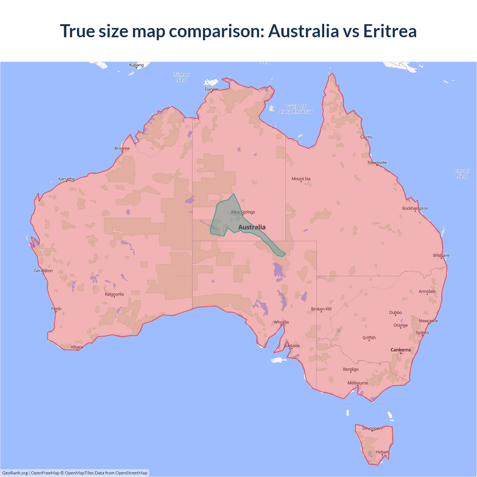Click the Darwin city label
click(x=211, y=89)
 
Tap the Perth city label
click(x=56, y=309)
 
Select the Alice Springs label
click(x=243, y=212)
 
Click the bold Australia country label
click(x=252, y=227)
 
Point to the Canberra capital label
click(x=401, y=350)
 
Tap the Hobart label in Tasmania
click(x=382, y=452)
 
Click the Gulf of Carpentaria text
click(x=296, y=109)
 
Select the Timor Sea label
click(x=182, y=77)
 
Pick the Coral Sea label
click(x=462, y=174)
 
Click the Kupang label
click(x=136, y=65)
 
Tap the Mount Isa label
click(x=301, y=179)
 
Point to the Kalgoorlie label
click(x=114, y=294)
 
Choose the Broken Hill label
click(x=321, y=309)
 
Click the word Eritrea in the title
click(x=390, y=31)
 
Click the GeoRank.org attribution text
click(x=15, y=473)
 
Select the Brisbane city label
click(x=441, y=255)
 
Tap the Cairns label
click(x=366, y=137)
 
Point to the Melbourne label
click(x=358, y=383)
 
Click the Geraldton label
click(x=43, y=271)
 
